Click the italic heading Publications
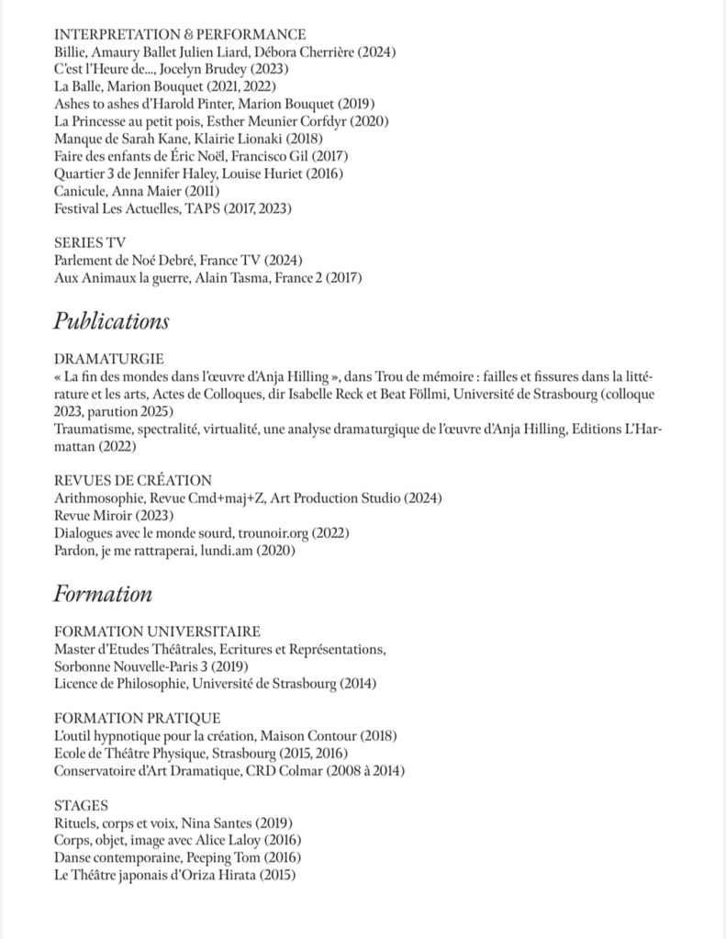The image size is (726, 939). point(111,321)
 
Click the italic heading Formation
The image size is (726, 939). point(103,594)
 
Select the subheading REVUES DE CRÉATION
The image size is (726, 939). point(133,480)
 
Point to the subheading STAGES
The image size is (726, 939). point(82,805)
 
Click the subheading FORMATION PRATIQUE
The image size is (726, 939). point(137,718)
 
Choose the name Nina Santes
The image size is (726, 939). point(214,823)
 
